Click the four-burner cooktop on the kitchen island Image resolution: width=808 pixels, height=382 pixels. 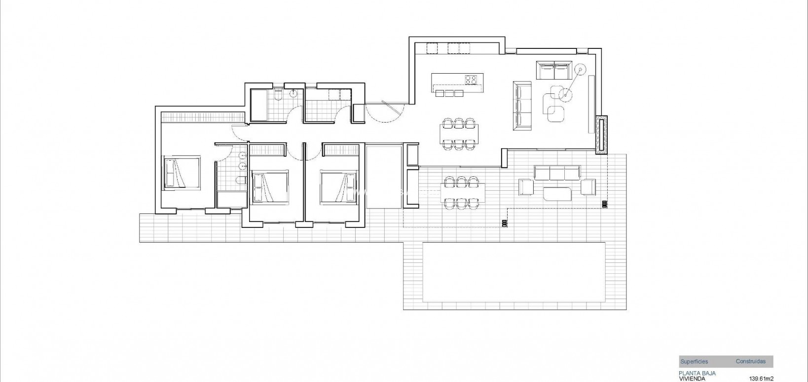tap(471, 79)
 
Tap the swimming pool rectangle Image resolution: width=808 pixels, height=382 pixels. tap(514, 273)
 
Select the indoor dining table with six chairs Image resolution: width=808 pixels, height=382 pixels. tap(459, 133)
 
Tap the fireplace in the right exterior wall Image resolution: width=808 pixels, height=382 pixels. tap(601, 135)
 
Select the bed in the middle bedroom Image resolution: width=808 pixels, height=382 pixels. tap(269, 187)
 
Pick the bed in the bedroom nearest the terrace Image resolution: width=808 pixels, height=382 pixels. tap(338, 187)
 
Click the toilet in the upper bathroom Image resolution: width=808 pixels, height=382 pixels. tap(279, 94)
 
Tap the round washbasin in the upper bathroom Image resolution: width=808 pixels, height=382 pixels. tap(294, 92)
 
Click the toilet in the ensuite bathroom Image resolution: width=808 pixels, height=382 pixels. tap(240, 180)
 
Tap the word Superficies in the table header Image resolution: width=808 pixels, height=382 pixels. tap(694, 362)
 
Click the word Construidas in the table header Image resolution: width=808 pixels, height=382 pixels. tap(750, 362)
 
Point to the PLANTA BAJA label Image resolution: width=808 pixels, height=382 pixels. tap(697, 373)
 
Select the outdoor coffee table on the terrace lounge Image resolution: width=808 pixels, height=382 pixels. tap(557, 193)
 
